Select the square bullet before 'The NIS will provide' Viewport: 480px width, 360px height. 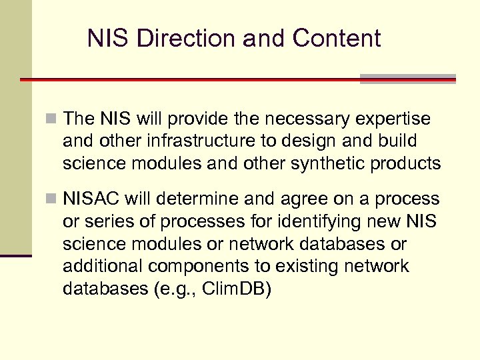[54, 119]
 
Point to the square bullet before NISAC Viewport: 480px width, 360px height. [54, 199]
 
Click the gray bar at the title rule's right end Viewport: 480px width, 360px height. [408, 79]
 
